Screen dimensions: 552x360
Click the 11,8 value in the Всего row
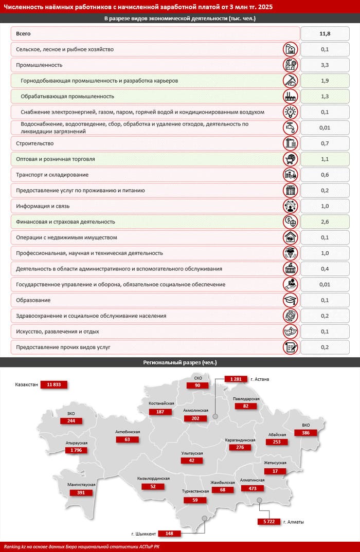tap(325, 34)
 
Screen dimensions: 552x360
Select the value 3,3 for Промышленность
tap(325, 65)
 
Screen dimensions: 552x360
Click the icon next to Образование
tap(291, 300)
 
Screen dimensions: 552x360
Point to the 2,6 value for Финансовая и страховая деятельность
tap(325, 222)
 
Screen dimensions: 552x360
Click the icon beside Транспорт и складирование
tap(291, 175)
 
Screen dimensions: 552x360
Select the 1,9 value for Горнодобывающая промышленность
tap(325, 81)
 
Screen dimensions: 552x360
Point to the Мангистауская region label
tap(82, 485)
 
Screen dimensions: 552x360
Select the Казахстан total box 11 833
tap(54, 384)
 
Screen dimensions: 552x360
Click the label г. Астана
tap(260, 379)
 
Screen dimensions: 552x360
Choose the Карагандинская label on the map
tap(240, 440)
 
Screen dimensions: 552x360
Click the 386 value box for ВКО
tap(306, 433)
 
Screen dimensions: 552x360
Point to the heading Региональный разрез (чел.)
tap(179, 362)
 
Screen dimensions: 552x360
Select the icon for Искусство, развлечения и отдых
tap(291, 332)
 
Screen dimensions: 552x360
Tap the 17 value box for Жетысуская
tap(275, 471)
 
